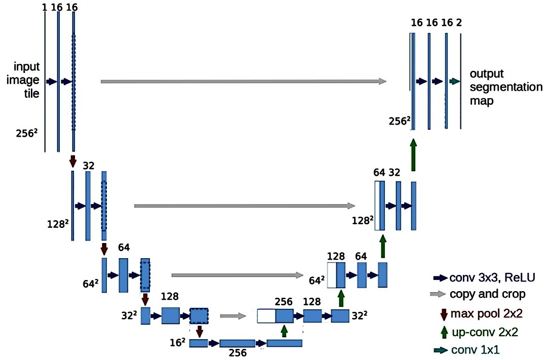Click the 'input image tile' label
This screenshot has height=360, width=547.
pyautogui.click(x=23, y=80)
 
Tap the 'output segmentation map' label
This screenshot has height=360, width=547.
pyautogui.click(x=506, y=87)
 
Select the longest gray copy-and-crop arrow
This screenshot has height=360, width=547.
pyautogui.click(x=244, y=82)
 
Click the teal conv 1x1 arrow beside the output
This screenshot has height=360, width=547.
pyautogui.click(x=454, y=82)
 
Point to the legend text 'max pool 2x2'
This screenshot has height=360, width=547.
pyautogui.click(x=486, y=313)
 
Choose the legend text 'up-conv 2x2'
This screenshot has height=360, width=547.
pyautogui.click(x=485, y=332)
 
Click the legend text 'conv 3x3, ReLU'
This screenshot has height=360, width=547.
pyautogui.click(x=492, y=277)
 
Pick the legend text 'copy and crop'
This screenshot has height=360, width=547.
pyautogui.click(x=487, y=294)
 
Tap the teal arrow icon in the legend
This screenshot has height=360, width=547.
pyautogui.click(x=440, y=350)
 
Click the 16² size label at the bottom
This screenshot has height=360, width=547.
pyautogui.click(x=178, y=342)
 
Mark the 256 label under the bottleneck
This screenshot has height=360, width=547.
pyautogui.click(x=238, y=353)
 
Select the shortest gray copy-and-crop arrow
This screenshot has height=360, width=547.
pyautogui.click(x=233, y=316)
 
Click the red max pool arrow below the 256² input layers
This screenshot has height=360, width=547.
pyautogui.click(x=72, y=161)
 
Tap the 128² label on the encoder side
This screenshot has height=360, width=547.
pyautogui.click(x=57, y=224)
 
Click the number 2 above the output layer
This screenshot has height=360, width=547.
pyautogui.click(x=459, y=23)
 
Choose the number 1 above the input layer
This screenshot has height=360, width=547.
pyautogui.click(x=44, y=7)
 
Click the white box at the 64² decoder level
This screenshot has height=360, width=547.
pyautogui.click(x=332, y=275)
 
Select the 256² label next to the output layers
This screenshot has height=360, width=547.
pyautogui.click(x=400, y=121)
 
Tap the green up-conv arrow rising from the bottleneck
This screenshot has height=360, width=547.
pyautogui.click(x=284, y=331)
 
